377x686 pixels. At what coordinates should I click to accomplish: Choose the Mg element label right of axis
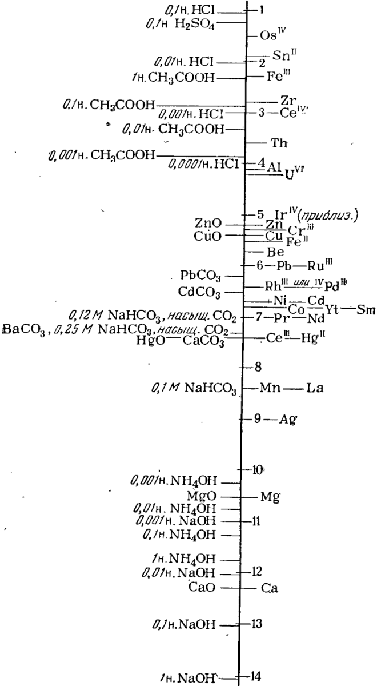(268, 497)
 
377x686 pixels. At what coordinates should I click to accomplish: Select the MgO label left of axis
(206, 496)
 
